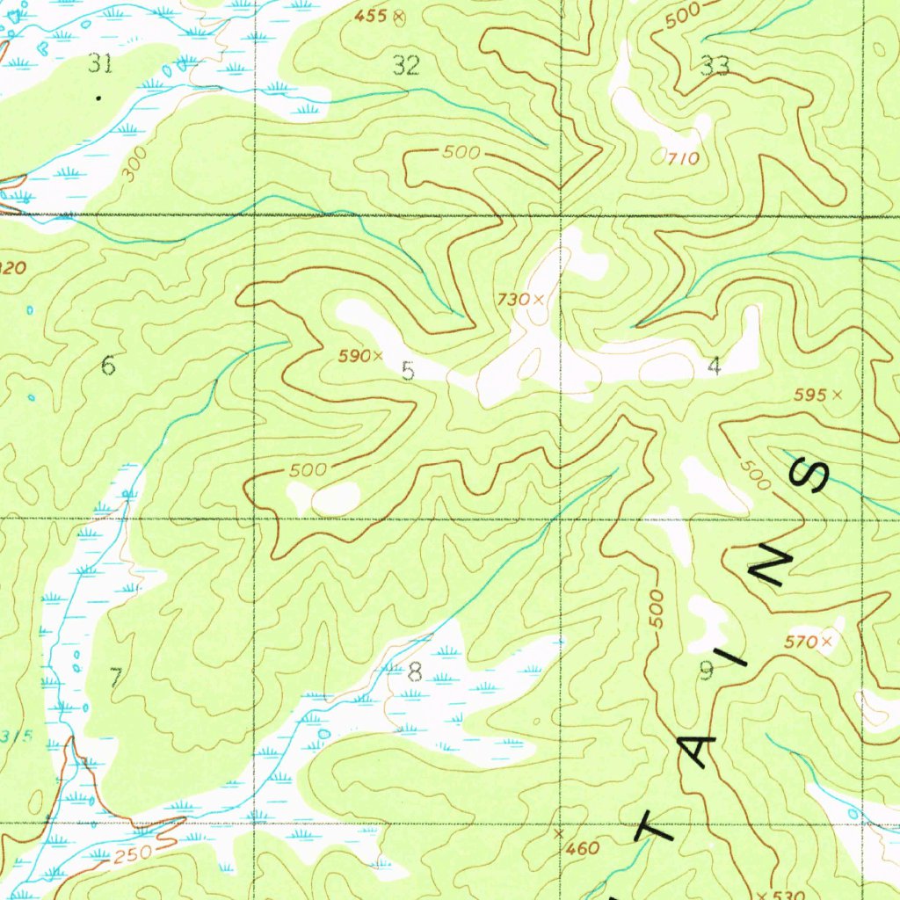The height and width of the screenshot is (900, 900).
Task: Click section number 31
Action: pyautogui.click(x=101, y=62)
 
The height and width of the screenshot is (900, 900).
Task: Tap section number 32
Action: pyautogui.click(x=406, y=65)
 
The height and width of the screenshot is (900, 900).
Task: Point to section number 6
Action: pyautogui.click(x=108, y=365)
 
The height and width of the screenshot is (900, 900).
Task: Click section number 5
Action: pyautogui.click(x=408, y=371)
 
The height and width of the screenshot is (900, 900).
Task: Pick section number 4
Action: pyautogui.click(x=714, y=367)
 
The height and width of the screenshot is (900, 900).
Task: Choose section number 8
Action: pyautogui.click(x=415, y=673)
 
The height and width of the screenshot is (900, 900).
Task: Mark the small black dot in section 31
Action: pyautogui.click(x=98, y=97)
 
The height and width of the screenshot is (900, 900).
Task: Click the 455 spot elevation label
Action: pyautogui.click(x=372, y=16)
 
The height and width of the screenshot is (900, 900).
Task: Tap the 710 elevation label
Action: pyautogui.click(x=683, y=159)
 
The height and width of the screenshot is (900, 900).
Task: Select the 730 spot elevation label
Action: pyautogui.click(x=513, y=300)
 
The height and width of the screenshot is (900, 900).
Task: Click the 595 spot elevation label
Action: pyautogui.click(x=809, y=396)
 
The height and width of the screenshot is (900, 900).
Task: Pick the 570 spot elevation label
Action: pyautogui.click(x=801, y=642)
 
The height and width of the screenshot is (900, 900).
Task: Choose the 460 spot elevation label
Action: pyautogui.click(x=582, y=848)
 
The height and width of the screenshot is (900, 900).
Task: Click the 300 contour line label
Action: pyautogui.click(x=134, y=164)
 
